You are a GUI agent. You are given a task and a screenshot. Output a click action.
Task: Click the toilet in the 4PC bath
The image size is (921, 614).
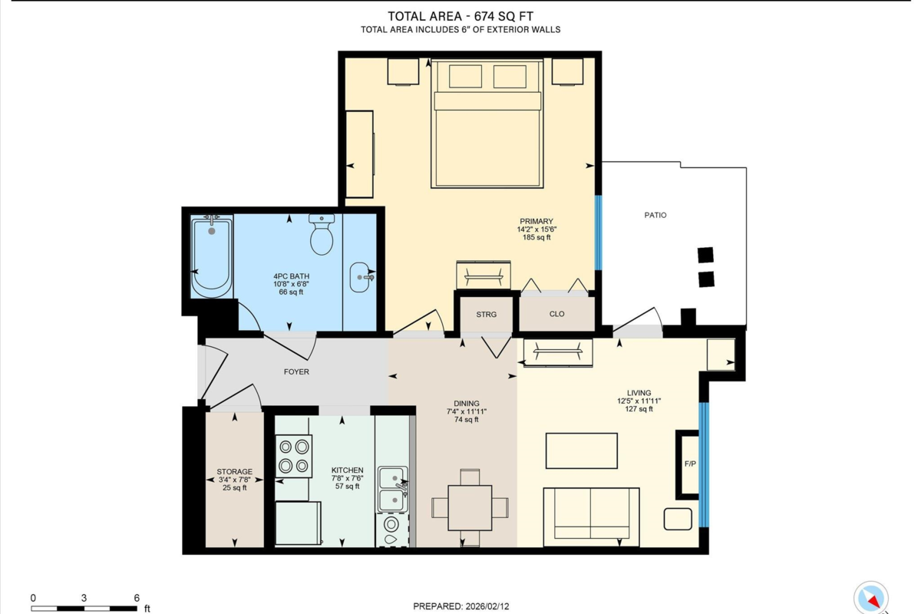pyautogui.click(x=322, y=235)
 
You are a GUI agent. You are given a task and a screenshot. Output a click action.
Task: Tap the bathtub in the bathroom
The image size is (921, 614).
pyautogui.click(x=211, y=257)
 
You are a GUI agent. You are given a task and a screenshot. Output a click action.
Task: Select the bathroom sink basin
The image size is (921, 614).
pyautogui.click(x=361, y=277)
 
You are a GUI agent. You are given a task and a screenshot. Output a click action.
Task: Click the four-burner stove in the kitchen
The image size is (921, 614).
pyautogui.click(x=293, y=456)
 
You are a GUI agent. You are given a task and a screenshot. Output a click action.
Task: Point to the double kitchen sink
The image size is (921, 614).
pyautogui.click(x=392, y=489)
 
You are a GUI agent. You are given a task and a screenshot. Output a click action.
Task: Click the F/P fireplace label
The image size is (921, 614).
pyautogui.click(x=690, y=464)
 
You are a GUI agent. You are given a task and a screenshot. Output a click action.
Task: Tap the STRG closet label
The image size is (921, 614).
pyautogui.click(x=486, y=315)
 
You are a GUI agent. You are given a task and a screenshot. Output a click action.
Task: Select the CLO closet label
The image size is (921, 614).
pyautogui.click(x=557, y=314)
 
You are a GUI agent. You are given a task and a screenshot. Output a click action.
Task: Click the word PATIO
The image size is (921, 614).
pyautogui.click(x=655, y=215)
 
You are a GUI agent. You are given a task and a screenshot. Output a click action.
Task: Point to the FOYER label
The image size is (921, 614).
pyautogui.click(x=296, y=371)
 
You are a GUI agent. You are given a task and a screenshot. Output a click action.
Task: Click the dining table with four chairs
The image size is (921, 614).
pyautogui.click(x=470, y=507)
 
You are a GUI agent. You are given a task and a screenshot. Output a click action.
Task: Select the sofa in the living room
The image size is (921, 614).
pyautogui.click(x=591, y=516)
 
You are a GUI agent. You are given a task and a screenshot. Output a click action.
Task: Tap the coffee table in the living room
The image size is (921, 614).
pyautogui.click(x=581, y=451)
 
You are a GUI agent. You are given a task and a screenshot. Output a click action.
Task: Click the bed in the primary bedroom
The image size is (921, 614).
pyautogui.click(x=488, y=127)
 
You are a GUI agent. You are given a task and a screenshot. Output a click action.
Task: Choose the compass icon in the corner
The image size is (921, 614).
pyautogui.click(x=871, y=597)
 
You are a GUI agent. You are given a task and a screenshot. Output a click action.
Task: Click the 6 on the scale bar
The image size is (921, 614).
pyautogui.click(x=136, y=598)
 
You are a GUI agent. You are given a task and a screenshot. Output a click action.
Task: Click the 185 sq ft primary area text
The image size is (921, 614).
pyautogui.click(x=535, y=238)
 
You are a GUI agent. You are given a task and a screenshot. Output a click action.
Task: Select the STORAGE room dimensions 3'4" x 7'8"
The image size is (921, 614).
pyautogui.click(x=234, y=480)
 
